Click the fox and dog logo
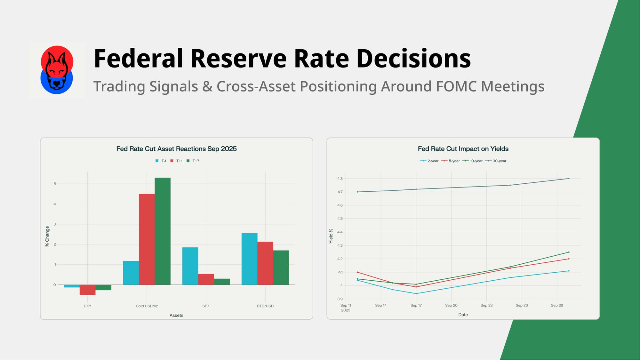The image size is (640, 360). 57,70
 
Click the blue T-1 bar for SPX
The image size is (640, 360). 190,266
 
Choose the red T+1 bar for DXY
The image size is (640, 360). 87,290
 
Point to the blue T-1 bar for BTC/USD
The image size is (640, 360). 249,259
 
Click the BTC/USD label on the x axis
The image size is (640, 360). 265,306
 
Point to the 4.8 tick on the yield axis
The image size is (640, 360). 340,179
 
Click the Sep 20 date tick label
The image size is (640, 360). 451,305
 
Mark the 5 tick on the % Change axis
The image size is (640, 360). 55,184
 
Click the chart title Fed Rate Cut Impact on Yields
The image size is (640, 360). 463,149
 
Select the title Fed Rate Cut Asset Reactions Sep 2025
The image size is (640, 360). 176,149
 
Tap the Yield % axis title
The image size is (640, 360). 331,236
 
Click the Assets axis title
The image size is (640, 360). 176,315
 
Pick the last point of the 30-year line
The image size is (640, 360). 569,179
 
